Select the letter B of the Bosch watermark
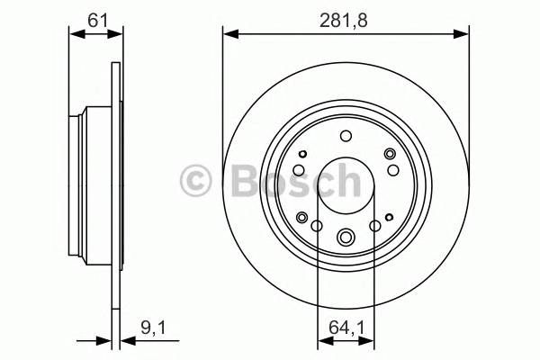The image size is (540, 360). pyautogui.click(x=237, y=180)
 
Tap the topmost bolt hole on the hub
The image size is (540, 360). pyautogui.click(x=346, y=136)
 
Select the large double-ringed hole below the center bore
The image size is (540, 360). pyautogui.click(x=346, y=238)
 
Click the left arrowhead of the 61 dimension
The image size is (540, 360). pyautogui.click(x=75, y=34)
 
